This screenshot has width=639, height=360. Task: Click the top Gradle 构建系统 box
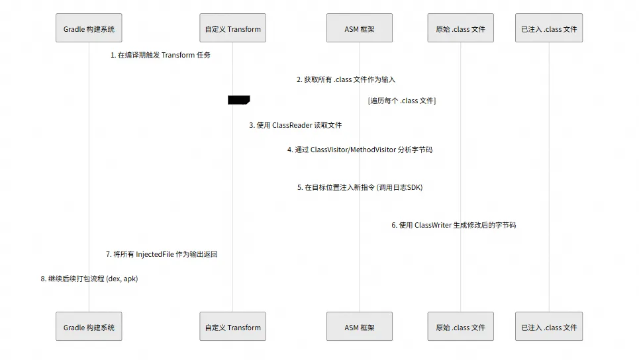(89, 28)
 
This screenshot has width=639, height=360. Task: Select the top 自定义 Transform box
(232, 28)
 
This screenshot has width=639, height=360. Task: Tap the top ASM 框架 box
(360, 28)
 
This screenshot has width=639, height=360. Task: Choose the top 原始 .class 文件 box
(460, 28)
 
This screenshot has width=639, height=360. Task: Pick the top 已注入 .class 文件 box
(549, 28)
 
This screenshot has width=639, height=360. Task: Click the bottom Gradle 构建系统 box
(89, 327)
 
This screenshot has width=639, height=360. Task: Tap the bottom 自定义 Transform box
(232, 327)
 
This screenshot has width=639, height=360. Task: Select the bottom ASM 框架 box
(360, 327)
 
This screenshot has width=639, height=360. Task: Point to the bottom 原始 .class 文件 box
(460, 327)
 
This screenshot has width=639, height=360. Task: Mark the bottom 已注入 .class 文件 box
(549, 327)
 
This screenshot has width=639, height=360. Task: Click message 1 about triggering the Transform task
(160, 56)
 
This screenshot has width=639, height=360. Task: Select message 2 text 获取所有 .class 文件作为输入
(346, 79)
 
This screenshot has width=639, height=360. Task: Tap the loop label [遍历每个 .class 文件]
(401, 101)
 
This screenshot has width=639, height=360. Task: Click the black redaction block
(238, 100)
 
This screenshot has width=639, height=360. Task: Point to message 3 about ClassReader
(295, 125)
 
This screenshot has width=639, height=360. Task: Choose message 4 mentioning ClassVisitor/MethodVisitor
(360, 150)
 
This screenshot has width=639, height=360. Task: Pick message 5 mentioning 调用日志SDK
(360, 187)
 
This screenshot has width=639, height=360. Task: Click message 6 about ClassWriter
(454, 225)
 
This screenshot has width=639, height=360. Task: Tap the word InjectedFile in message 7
(154, 254)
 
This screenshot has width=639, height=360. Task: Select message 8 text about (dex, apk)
(89, 279)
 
